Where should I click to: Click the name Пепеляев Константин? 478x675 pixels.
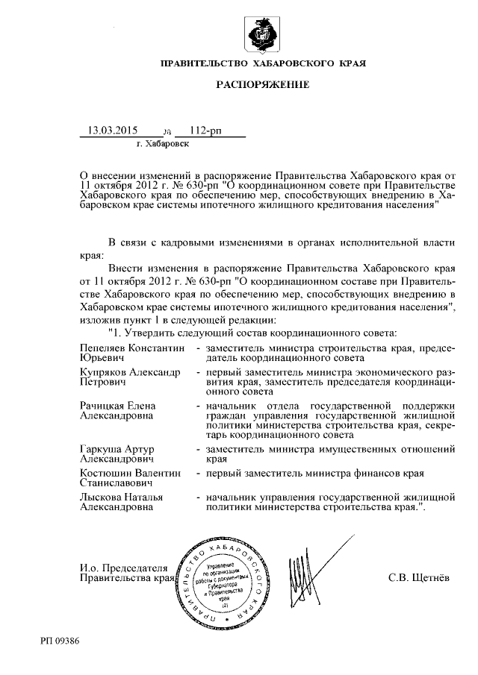tap(131, 348)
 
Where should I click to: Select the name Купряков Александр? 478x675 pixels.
tap(129, 370)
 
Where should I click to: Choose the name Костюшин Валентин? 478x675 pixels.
tap(130, 472)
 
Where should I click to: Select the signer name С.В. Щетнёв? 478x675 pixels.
tap(420, 577)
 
